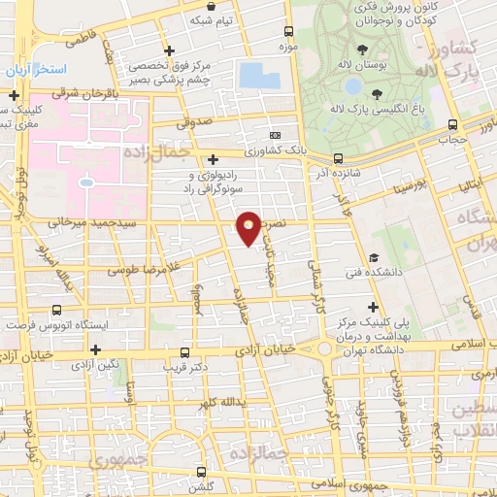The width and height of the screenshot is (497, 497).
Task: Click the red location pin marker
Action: [x=248, y=227]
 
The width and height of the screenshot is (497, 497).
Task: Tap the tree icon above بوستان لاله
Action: [x=361, y=50]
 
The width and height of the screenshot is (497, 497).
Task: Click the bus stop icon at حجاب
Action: [x=452, y=124]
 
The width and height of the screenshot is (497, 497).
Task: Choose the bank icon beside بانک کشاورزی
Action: [x=276, y=136]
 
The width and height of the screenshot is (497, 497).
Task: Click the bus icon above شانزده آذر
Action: [x=337, y=157]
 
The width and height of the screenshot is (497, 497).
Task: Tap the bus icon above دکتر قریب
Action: [x=185, y=353]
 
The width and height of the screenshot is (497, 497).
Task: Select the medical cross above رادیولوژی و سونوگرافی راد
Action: [x=214, y=159]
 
